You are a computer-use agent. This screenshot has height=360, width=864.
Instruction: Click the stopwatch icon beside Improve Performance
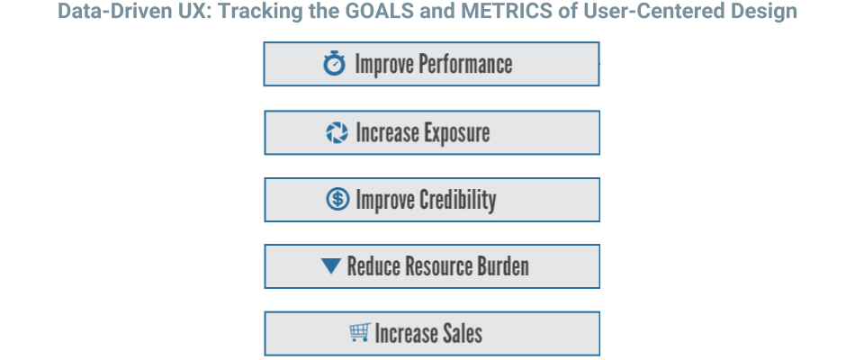pyautogui.click(x=334, y=63)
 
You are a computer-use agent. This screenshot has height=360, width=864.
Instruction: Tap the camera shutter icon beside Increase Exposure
pyautogui.click(x=337, y=132)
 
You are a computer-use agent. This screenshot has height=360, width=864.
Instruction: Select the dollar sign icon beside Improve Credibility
pyautogui.click(x=337, y=199)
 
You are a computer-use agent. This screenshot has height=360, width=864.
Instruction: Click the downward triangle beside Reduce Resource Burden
pyautogui.click(x=331, y=266)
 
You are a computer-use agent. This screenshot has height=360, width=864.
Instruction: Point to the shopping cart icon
pyautogui.click(x=360, y=332)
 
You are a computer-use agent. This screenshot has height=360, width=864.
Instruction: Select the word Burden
pyautogui.click(x=502, y=266)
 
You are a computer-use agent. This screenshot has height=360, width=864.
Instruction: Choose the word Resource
pyautogui.click(x=438, y=266)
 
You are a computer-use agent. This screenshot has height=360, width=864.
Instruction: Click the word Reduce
pyautogui.click(x=373, y=266)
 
